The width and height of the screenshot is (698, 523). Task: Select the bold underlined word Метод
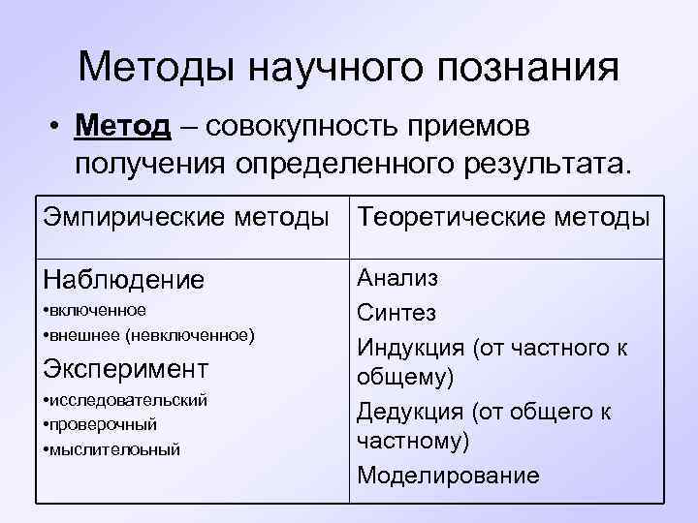tap(127, 126)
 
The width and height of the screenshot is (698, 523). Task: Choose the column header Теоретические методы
tap(503, 218)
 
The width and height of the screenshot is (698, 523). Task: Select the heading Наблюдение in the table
tap(124, 280)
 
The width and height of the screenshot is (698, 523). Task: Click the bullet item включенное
tap(95, 310)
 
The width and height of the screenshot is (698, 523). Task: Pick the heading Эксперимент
tap(125, 369)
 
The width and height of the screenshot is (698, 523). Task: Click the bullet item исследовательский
tap(126, 399)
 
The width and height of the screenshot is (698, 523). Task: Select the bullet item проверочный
tap(101, 424)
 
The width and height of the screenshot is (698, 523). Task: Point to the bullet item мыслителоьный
tap(112, 449)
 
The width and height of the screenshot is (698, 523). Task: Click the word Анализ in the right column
tap(397, 278)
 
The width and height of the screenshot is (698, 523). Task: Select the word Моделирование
tap(447, 475)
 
